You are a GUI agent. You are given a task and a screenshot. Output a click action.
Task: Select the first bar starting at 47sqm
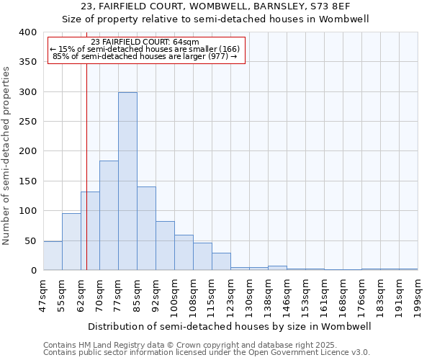(53, 256)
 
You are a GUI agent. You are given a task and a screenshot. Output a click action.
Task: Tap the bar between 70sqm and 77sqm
(109, 215)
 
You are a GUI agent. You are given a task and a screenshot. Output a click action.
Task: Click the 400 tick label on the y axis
(28, 32)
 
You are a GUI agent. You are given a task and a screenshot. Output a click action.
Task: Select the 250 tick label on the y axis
(28, 122)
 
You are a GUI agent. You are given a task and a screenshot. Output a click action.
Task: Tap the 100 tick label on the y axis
(28, 211)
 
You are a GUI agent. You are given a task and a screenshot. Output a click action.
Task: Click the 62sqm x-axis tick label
(81, 294)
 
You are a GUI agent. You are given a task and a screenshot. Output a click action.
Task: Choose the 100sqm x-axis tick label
(174, 294)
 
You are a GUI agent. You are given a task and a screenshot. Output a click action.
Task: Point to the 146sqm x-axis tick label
(287, 294)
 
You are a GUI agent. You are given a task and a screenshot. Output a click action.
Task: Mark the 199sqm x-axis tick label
(418, 294)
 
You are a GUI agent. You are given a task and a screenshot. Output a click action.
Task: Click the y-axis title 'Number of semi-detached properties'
(6, 156)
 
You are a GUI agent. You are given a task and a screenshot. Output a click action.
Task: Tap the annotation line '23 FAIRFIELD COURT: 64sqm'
(146, 42)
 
